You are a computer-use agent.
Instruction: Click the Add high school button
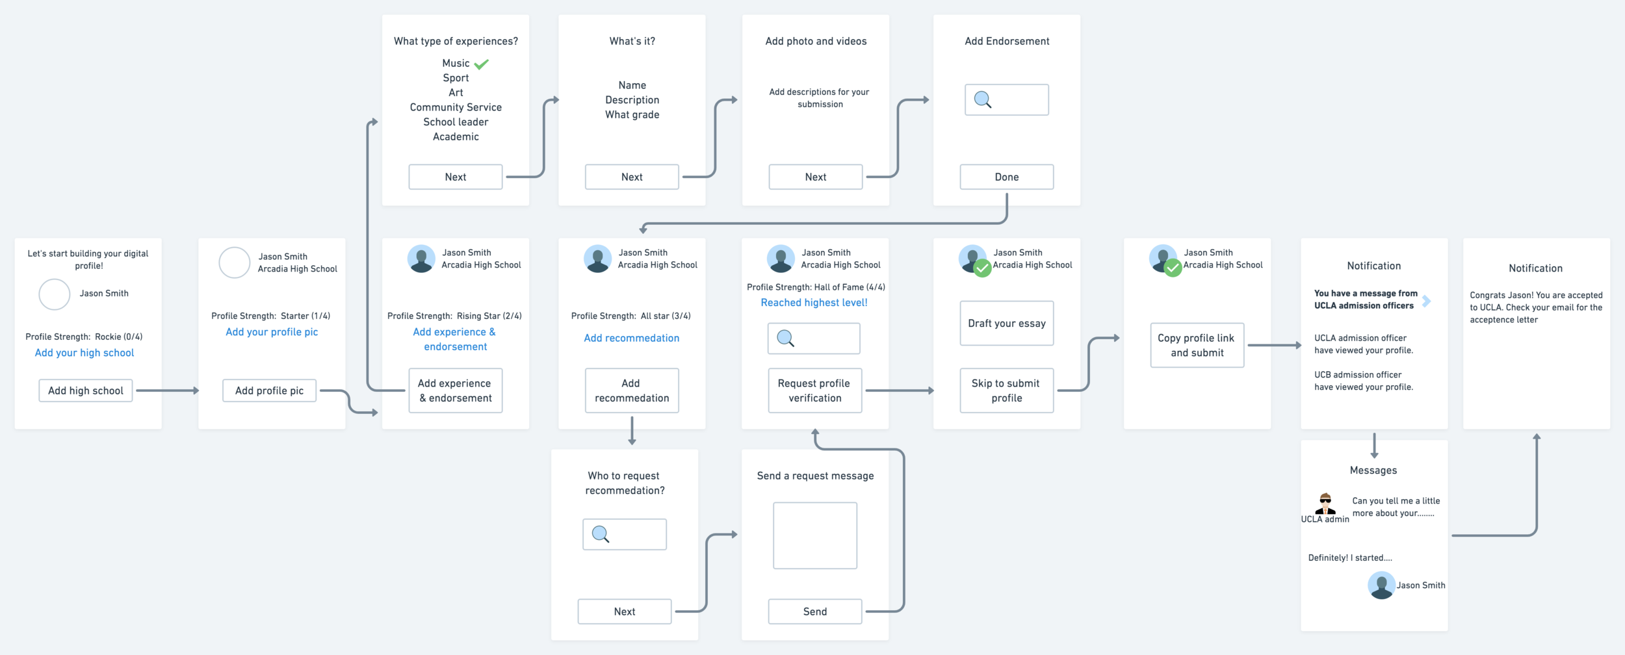tap(85, 391)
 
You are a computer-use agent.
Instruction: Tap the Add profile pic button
tap(269, 391)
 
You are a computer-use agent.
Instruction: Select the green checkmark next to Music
tap(481, 64)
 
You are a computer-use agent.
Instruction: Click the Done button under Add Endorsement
tap(1006, 177)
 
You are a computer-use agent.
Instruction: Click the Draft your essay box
tap(1006, 323)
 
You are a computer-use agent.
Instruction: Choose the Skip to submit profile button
tap(1006, 391)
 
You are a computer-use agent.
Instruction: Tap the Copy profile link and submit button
tap(1197, 345)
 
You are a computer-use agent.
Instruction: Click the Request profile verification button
tap(814, 391)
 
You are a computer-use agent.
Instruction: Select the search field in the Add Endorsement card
tap(1006, 100)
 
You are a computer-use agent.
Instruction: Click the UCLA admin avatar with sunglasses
tap(1325, 504)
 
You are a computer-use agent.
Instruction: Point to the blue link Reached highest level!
tap(814, 303)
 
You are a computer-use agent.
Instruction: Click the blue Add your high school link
tap(84, 353)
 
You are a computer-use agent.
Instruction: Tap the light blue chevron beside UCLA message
tap(1427, 301)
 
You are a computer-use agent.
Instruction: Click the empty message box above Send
tap(814, 535)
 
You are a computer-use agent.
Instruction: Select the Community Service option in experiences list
tap(456, 107)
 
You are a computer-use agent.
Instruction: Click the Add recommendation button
tap(631, 391)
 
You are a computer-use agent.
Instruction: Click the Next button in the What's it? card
tap(631, 177)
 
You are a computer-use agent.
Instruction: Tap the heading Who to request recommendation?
tap(625, 483)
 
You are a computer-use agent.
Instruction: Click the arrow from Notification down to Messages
tap(1374, 445)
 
